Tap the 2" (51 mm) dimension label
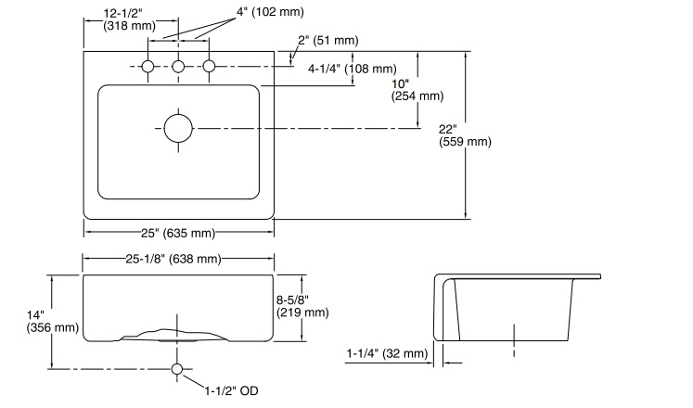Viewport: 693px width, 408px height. pos(329,40)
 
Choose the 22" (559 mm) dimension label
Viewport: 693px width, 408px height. pos(464,134)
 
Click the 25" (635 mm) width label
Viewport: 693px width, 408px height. pos(178,232)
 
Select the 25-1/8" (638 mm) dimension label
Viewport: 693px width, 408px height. pos(178,259)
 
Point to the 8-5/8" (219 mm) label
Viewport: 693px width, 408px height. pos(302,305)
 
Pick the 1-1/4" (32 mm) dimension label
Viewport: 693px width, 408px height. pos(387,353)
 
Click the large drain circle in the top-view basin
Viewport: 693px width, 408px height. pos(178,127)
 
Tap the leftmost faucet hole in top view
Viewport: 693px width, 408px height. pos(148,67)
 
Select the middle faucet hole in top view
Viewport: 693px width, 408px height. pos(179,67)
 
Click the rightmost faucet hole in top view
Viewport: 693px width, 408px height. pos(209,67)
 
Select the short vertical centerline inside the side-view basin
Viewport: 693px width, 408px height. pos(513,338)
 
